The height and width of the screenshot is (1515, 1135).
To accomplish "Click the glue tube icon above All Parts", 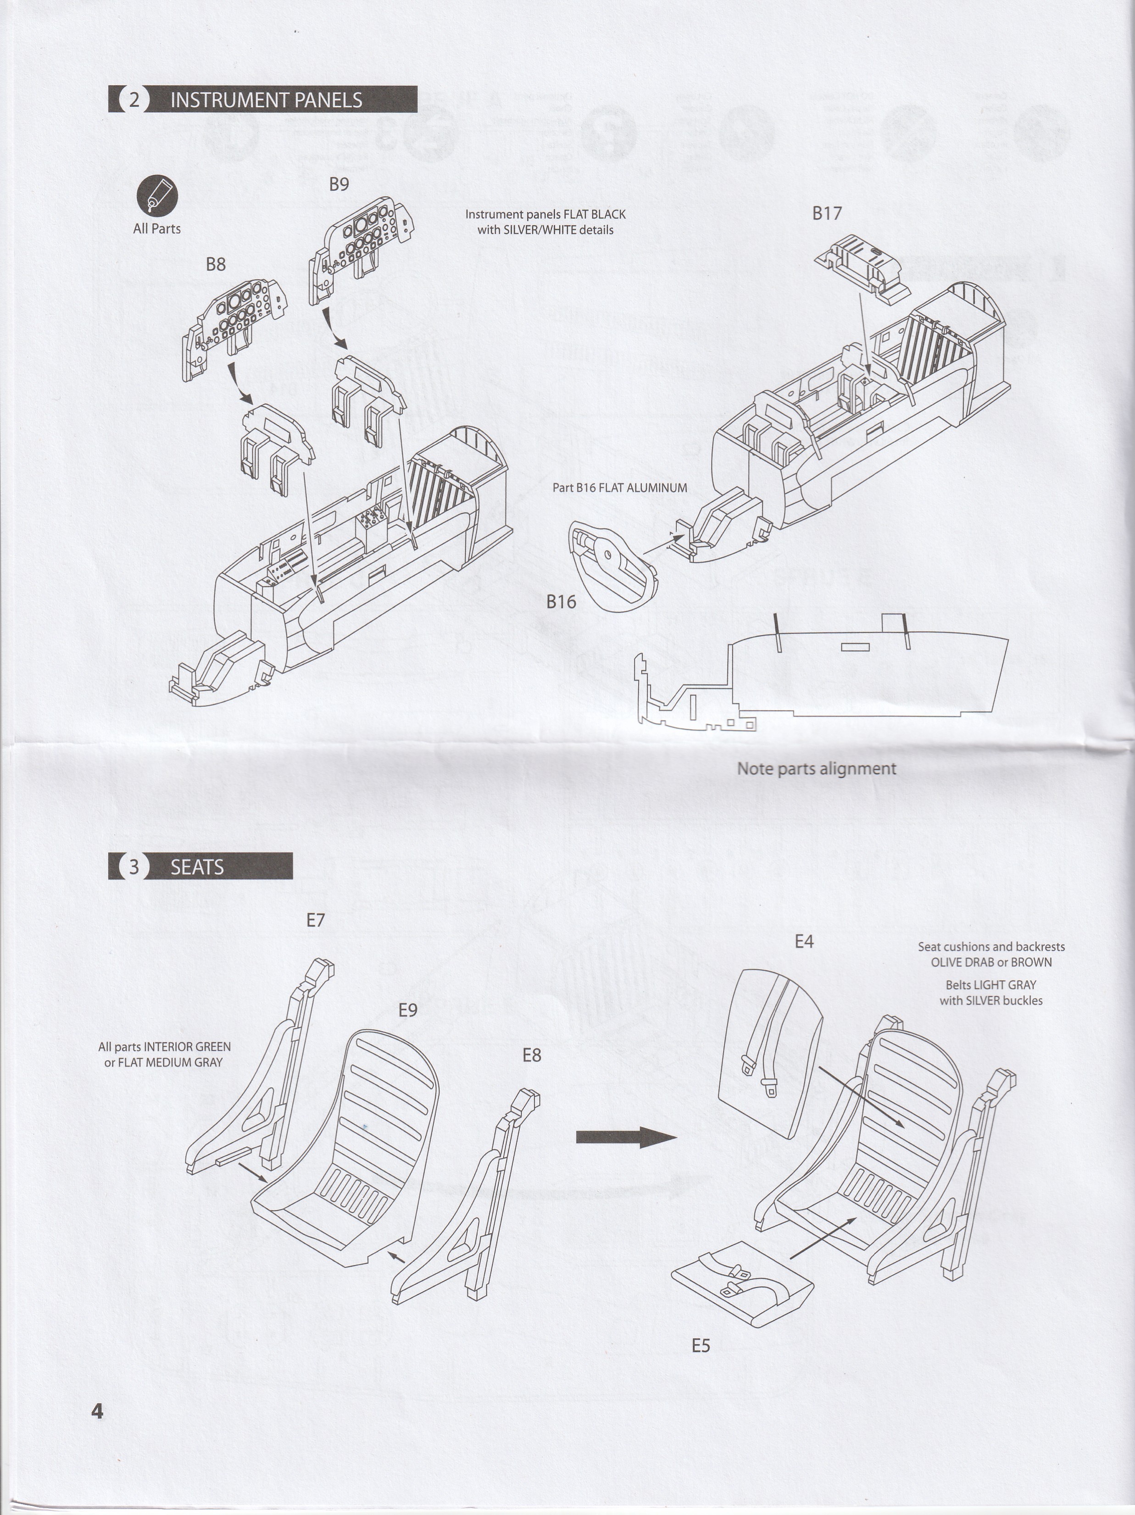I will pyautogui.click(x=157, y=196).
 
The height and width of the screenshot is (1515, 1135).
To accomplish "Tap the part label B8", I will pyautogui.click(x=216, y=264).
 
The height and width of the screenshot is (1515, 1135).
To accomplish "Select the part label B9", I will pyautogui.click(x=339, y=184).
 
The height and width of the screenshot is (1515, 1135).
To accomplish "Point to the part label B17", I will pyautogui.click(x=827, y=214).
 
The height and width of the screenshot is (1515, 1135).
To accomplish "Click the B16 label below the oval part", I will pyautogui.click(x=561, y=602).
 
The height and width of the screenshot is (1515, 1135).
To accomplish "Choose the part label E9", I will pyautogui.click(x=407, y=1010).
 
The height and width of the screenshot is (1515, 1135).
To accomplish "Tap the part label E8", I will pyautogui.click(x=532, y=1055).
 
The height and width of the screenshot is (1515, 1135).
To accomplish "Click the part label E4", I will pyautogui.click(x=804, y=942).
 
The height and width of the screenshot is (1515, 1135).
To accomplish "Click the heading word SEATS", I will pyautogui.click(x=197, y=867).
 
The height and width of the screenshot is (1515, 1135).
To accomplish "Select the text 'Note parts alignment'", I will pyautogui.click(x=816, y=768).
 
